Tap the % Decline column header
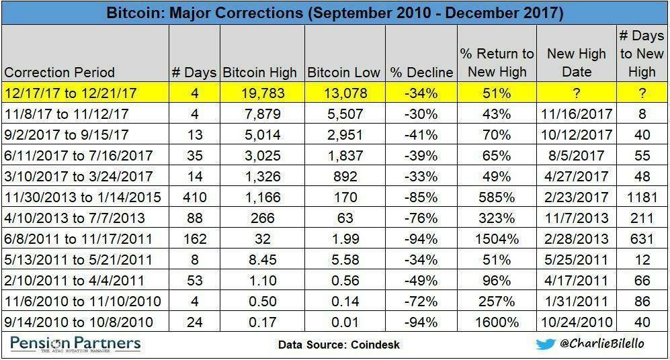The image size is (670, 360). point(421,72)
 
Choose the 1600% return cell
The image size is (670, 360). point(497,322)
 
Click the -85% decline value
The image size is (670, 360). point(421,197)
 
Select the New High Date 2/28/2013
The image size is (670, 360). point(577,239)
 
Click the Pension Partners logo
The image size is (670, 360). point(75,345)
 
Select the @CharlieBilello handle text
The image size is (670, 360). point(602,344)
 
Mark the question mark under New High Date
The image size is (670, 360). point(577,92)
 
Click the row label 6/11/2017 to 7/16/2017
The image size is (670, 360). point(78,156)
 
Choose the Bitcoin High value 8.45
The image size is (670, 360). point(263,260)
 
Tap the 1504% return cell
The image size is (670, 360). point(497,239)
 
